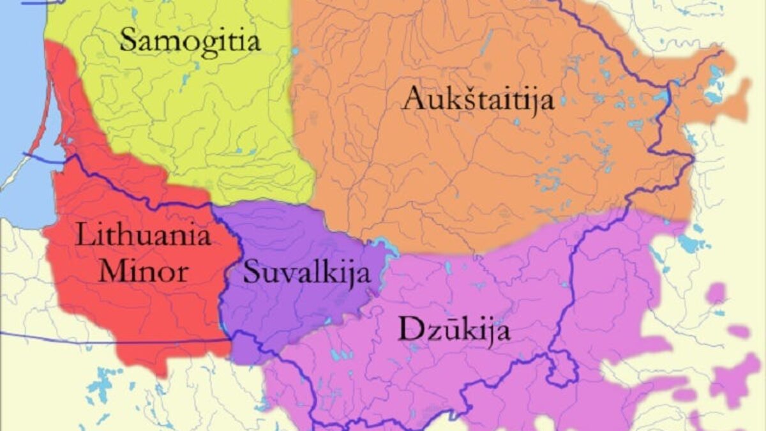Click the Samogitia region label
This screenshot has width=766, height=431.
[x=190, y=42]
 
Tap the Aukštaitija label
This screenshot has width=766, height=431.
[x=477, y=100]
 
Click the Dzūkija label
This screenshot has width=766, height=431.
[x=454, y=330]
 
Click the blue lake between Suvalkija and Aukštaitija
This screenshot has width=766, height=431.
[x=381, y=245]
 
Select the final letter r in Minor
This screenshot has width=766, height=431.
[x=184, y=273]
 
